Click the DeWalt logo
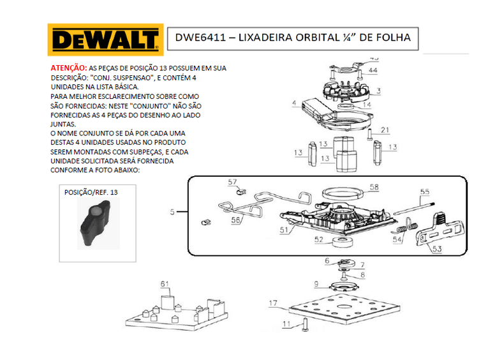[105, 40]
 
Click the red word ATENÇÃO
[69, 68]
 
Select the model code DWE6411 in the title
[200, 38]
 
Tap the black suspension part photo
[96, 223]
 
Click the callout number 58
[374, 187]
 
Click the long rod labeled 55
[414, 208]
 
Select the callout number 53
[437, 248]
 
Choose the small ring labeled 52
[343, 241]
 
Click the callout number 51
[284, 230]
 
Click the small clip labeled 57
[241, 192]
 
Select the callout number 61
[165, 284]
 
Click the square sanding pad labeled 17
[344, 308]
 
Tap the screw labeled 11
[305, 325]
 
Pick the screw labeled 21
[370, 135]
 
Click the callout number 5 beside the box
[172, 212]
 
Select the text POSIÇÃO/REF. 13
[91, 192]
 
